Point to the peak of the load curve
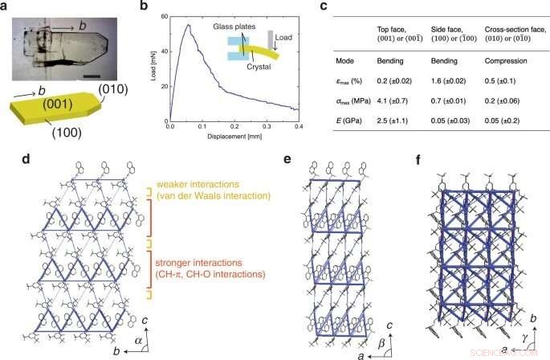tap(189, 25)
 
